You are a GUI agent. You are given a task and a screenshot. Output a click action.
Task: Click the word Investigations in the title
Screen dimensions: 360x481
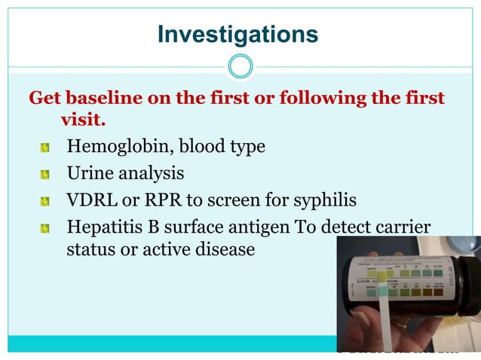coord(237,35)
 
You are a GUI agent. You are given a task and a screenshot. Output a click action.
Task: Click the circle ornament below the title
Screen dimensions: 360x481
coord(240,66)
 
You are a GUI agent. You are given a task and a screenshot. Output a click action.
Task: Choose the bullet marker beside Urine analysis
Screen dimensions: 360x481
coord(45,175)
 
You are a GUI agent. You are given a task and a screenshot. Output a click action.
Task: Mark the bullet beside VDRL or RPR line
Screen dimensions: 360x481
coord(45,203)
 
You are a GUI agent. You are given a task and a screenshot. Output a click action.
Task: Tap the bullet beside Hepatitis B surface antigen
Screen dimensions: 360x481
coord(45,228)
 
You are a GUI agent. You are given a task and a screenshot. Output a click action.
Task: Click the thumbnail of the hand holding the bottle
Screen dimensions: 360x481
coord(408,294)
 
